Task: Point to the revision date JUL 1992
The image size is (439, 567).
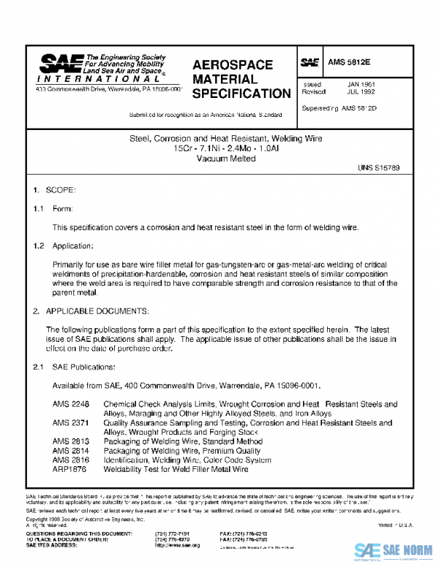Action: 361,93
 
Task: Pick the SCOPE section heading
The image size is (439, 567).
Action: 60,190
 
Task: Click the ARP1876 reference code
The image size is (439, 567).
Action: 70,470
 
